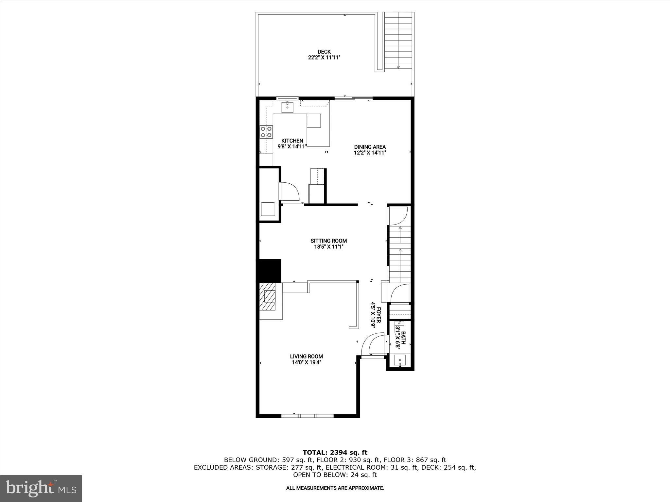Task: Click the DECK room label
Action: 324,52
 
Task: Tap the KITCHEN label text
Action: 292,141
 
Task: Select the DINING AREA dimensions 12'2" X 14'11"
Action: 370,153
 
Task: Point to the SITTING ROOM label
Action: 328,241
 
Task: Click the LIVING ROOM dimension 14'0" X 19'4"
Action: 307,362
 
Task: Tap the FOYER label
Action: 379,315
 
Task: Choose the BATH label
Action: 403,338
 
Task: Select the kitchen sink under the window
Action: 287,107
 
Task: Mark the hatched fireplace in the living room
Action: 270,300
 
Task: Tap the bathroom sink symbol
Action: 400,361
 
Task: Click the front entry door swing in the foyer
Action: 373,345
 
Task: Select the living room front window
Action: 307,416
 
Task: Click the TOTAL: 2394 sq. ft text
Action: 335,453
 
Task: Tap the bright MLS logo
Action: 41,488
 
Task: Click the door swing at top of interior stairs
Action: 398,216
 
